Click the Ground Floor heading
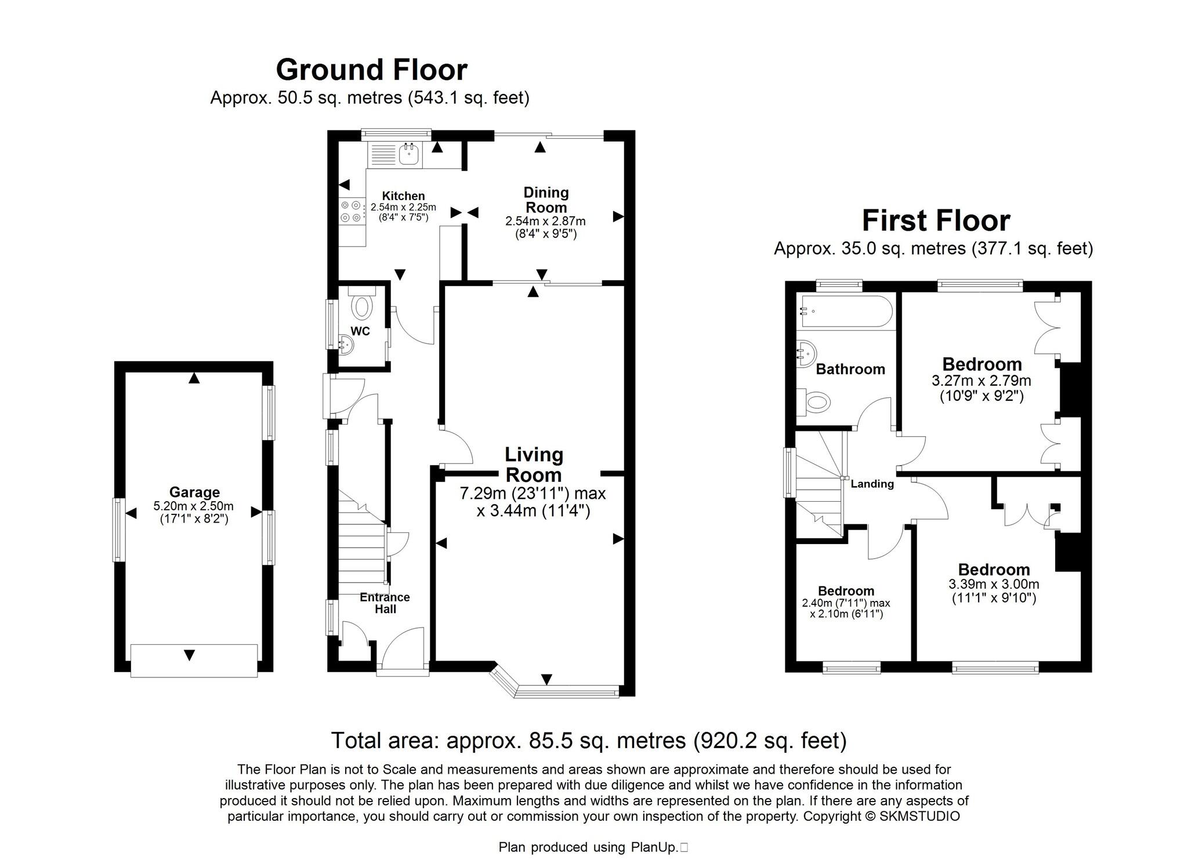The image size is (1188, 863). [x=371, y=70]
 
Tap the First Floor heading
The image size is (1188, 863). [x=936, y=221]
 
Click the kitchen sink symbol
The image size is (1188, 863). [x=410, y=154]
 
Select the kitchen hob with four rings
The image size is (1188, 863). [x=351, y=211]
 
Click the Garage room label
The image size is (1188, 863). [x=194, y=492]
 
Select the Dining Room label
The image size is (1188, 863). [x=546, y=200]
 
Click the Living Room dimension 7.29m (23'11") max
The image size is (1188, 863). [x=533, y=494]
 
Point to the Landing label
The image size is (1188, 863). [x=872, y=484]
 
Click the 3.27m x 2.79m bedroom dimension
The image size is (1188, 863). [x=981, y=381]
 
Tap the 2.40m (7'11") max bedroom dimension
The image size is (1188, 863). [x=846, y=603]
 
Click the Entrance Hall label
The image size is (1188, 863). [x=385, y=603]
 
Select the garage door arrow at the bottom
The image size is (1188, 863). [x=189, y=655]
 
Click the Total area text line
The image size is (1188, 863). [x=589, y=741]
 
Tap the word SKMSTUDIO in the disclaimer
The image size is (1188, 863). [x=919, y=817]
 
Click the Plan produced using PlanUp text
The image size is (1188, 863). [x=588, y=847]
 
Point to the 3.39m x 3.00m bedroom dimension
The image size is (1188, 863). [x=994, y=585]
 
